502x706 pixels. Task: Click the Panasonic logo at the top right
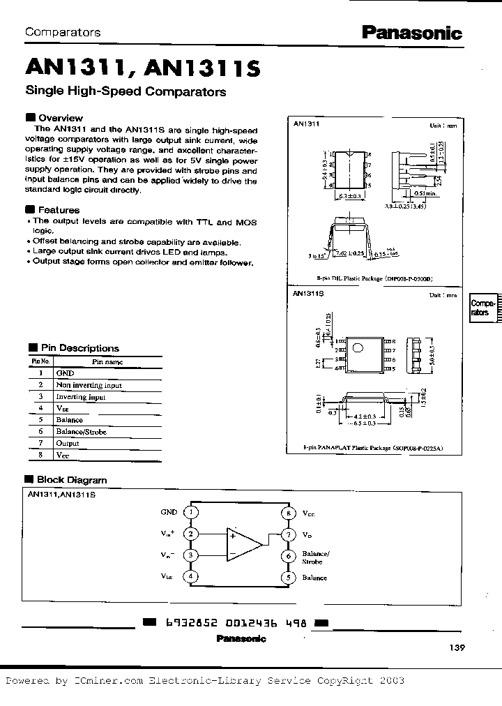click(x=411, y=33)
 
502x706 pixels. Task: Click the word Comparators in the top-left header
click(x=63, y=32)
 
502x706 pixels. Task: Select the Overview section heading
click(x=60, y=118)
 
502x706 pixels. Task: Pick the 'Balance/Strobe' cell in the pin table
click(x=82, y=431)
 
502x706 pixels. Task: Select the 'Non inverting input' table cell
click(x=89, y=384)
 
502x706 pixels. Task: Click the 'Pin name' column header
click(x=107, y=361)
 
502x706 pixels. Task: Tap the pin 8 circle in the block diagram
click(x=288, y=513)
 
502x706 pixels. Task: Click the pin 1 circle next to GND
click(x=190, y=512)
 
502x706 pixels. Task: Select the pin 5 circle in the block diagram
click(x=288, y=577)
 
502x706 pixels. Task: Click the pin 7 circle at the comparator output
click(x=288, y=534)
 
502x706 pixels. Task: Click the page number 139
click(x=456, y=647)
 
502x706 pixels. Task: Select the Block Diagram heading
click(x=71, y=479)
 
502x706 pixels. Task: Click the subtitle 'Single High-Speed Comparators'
click(x=125, y=91)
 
